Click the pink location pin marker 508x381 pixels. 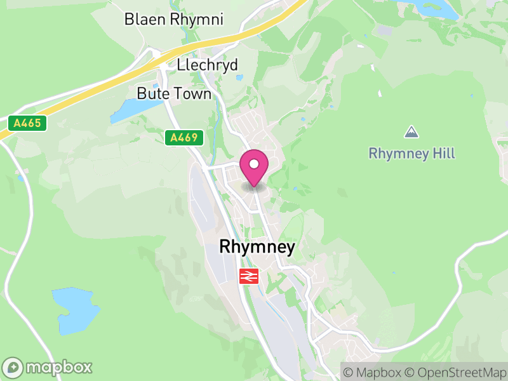[x=254, y=167]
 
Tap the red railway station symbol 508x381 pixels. [x=248, y=276]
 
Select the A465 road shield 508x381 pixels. [x=28, y=123]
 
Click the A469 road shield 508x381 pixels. [x=184, y=137]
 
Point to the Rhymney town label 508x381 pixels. [x=257, y=247]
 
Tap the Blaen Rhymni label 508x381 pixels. [x=174, y=20]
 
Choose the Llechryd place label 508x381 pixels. [x=208, y=65]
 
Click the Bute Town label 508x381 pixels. [x=174, y=94]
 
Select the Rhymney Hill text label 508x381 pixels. [x=412, y=154]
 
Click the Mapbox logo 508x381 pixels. [x=48, y=367]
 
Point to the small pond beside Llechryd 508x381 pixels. [x=237, y=78]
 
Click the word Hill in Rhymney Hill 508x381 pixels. [x=444, y=154]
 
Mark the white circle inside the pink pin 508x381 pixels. [x=254, y=164]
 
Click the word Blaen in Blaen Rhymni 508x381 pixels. [x=144, y=20]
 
